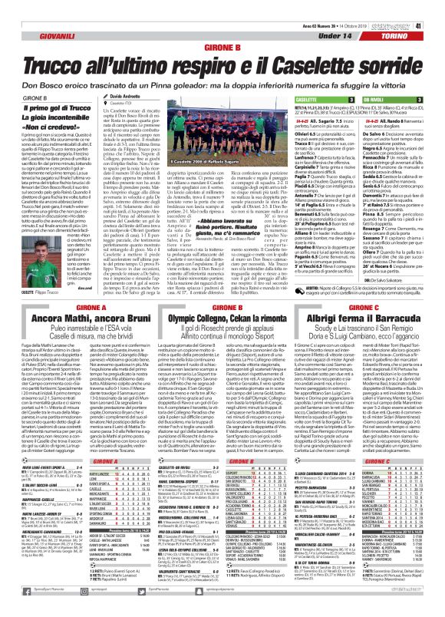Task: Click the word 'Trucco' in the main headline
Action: pos(53,64)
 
